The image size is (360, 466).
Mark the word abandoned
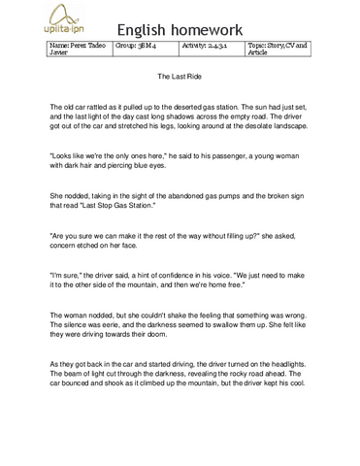tap(193, 195)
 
